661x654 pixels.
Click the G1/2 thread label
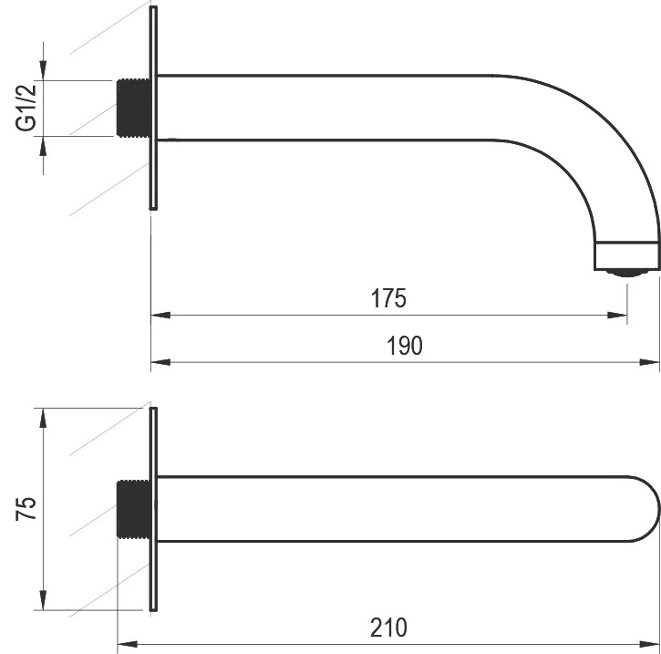point(26,108)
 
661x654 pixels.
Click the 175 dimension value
point(388,298)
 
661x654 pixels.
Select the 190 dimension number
point(404,346)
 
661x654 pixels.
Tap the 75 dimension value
point(26,509)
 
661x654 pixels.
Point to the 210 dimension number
point(388,627)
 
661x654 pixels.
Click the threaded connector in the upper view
point(133,108)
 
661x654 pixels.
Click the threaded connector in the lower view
point(133,509)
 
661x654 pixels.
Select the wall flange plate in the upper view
point(153,108)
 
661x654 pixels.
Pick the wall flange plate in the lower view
point(153,509)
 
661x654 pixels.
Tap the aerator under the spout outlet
point(627,273)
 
